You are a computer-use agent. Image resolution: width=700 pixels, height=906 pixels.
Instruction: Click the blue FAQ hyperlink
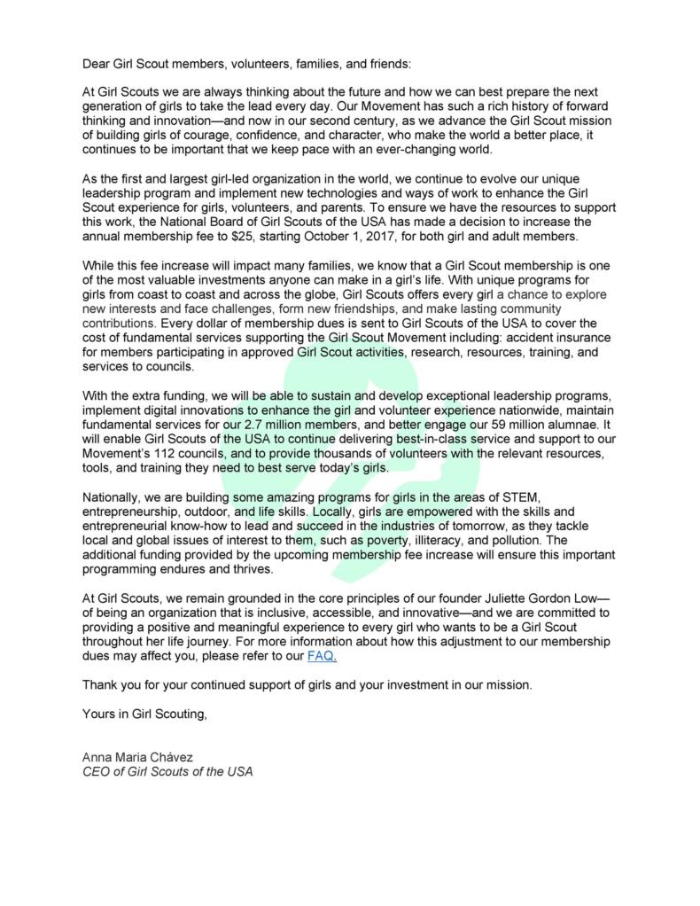tap(322, 656)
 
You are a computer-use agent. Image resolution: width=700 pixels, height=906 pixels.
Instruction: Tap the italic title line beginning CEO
tap(167, 771)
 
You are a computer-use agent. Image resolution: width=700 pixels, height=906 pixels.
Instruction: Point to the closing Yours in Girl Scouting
tap(144, 715)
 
